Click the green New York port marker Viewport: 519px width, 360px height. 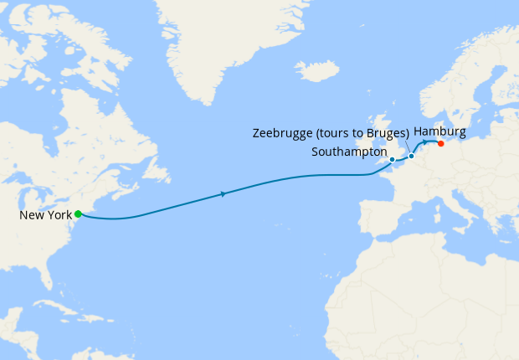pos(77,213)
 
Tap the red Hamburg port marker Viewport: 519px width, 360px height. pos(440,143)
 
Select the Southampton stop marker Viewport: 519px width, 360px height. pos(392,159)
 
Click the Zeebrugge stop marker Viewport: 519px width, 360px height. pos(411,157)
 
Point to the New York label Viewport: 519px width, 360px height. pos(45,215)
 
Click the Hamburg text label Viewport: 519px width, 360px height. pos(439,132)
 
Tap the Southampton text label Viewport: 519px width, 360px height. pos(348,152)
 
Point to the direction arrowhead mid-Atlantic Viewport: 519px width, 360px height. pos(223,194)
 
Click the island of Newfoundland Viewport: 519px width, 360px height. pos(156,168)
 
